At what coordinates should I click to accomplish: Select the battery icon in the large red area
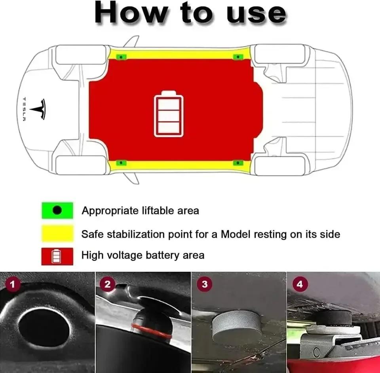point(169,114)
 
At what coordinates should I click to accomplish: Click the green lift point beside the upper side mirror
point(121,57)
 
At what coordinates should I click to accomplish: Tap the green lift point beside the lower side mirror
point(121,162)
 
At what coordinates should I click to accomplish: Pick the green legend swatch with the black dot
point(57,210)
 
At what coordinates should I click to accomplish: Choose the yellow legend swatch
point(57,233)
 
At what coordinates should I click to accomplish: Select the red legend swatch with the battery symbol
point(57,256)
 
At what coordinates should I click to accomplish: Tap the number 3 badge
point(205,284)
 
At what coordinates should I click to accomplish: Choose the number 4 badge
point(300,284)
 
